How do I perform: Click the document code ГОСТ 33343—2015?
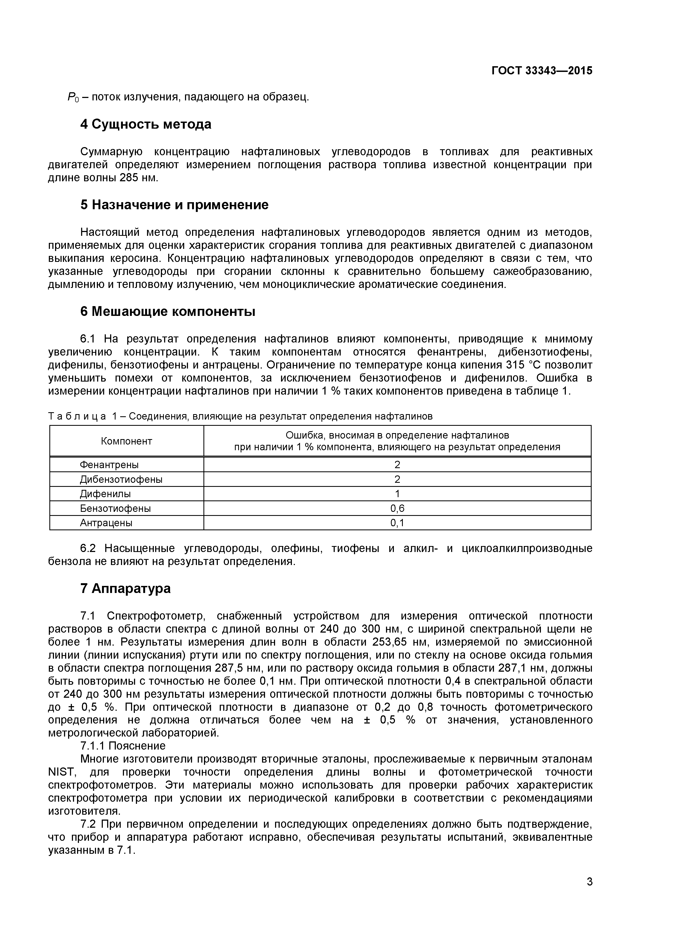[x=542, y=71]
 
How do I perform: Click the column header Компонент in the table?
[x=126, y=441]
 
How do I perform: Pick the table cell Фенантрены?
[x=109, y=465]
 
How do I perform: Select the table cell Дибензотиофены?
[x=121, y=479]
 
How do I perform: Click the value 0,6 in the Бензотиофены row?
[x=397, y=508]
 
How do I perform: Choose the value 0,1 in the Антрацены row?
[x=397, y=523]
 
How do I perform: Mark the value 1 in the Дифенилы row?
[x=397, y=494]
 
